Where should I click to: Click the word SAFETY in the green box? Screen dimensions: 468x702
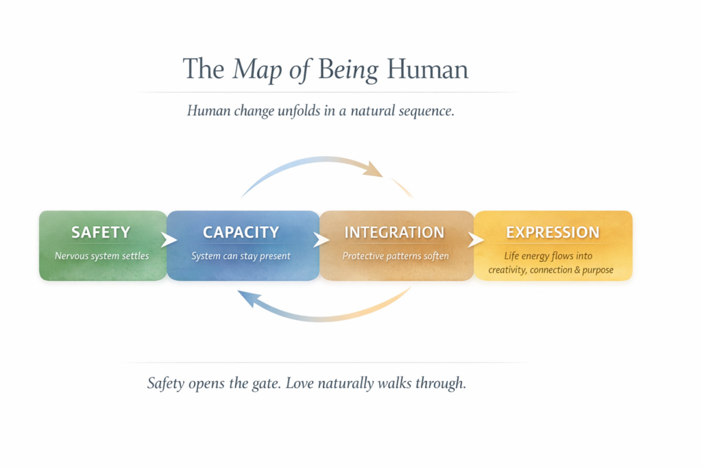pyautogui.click(x=101, y=232)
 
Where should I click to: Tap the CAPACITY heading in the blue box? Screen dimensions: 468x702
pyautogui.click(x=241, y=232)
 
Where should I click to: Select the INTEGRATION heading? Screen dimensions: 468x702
pyautogui.click(x=394, y=232)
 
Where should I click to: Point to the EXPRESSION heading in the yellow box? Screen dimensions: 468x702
pyautogui.click(x=553, y=232)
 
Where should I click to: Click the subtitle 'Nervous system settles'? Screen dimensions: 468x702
pyautogui.click(x=101, y=256)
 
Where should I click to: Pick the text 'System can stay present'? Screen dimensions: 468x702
pyautogui.click(x=241, y=256)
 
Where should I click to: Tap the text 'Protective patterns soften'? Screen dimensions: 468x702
pyautogui.click(x=396, y=256)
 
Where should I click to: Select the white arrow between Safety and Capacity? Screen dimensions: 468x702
pyautogui.click(x=169, y=241)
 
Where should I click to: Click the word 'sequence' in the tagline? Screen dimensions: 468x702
pyautogui.click(x=425, y=111)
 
